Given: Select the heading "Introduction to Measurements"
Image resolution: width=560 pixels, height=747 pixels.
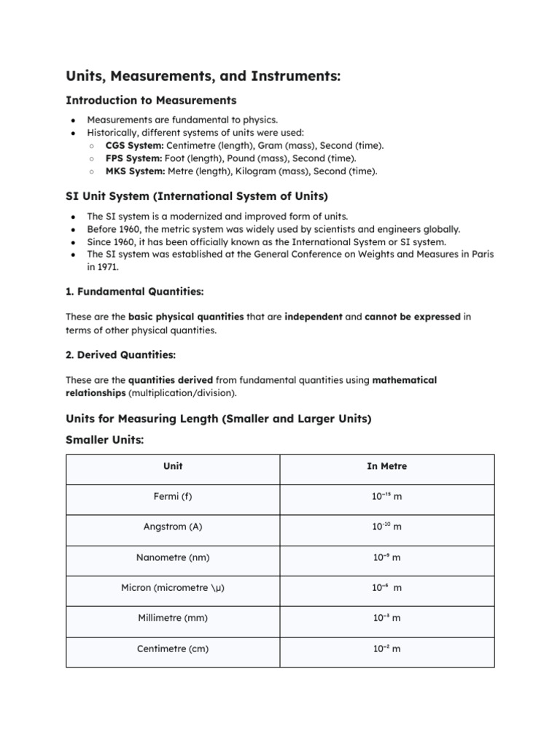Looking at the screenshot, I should pyautogui.click(x=151, y=100).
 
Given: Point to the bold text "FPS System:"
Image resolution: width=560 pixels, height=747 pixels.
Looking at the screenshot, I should pyautogui.click(x=133, y=158).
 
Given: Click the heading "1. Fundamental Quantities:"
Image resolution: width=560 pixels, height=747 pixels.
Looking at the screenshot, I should pyautogui.click(x=135, y=292).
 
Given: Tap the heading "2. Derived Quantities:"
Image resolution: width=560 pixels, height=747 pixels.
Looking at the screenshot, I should pyautogui.click(x=120, y=355).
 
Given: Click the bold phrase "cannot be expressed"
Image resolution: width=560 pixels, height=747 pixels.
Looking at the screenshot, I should pyautogui.click(x=413, y=317).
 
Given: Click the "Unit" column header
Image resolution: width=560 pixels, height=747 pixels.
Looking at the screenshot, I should pyautogui.click(x=173, y=466).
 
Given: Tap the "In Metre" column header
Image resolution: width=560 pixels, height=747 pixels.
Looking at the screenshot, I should pyautogui.click(x=386, y=466).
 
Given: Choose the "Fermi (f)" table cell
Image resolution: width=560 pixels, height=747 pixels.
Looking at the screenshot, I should pyautogui.click(x=173, y=497).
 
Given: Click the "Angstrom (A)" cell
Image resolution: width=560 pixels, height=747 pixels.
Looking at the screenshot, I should pyautogui.click(x=173, y=527).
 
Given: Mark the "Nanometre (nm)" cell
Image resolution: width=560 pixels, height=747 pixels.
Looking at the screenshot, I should pyautogui.click(x=173, y=557).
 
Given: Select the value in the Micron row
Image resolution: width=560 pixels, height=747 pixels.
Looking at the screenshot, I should pyautogui.click(x=386, y=588).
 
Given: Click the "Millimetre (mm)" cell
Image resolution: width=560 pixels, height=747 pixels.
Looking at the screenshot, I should pyautogui.click(x=173, y=618).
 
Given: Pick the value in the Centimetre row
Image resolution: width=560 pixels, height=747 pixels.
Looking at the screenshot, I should pyautogui.click(x=386, y=649).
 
